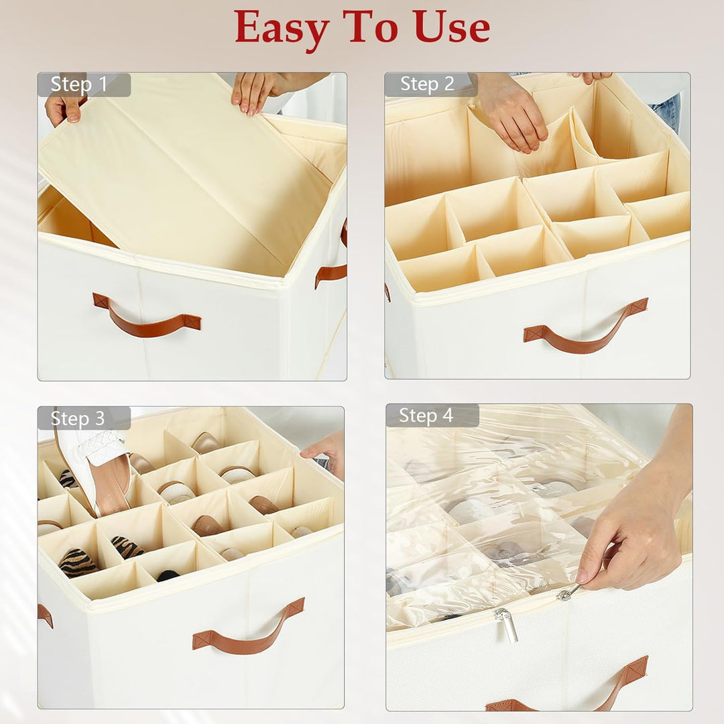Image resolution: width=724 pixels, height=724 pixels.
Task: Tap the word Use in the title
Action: pos(452,27)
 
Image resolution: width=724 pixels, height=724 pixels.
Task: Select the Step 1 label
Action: pos(79,84)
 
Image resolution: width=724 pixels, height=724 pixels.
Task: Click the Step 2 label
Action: pos(427,84)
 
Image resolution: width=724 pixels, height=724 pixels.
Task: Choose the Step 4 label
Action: pos(426,415)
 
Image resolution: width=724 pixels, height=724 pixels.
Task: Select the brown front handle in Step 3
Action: pos(249,629)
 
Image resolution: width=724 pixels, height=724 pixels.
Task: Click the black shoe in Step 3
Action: pos(167,575)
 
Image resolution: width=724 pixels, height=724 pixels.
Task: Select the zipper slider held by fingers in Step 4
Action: pos(568,592)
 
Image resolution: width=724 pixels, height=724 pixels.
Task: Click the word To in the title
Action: pos(370,27)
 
